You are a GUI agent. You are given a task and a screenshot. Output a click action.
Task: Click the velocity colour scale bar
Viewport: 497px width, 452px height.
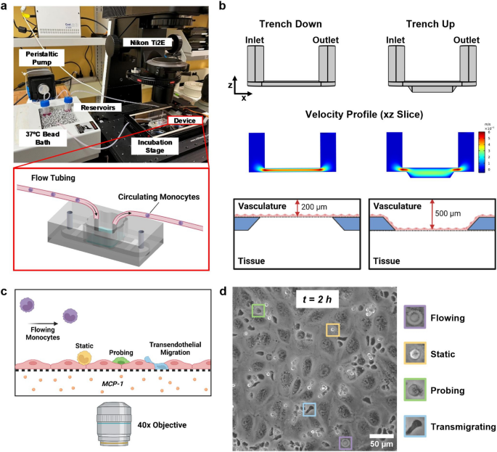pos(480,149)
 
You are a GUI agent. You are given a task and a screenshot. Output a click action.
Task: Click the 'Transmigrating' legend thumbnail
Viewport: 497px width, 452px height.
pos(414,426)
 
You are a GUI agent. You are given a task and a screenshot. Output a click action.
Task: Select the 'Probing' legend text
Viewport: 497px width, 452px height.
pos(451,390)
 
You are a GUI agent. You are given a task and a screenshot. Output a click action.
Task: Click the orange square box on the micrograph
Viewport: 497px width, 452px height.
pos(332,330)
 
